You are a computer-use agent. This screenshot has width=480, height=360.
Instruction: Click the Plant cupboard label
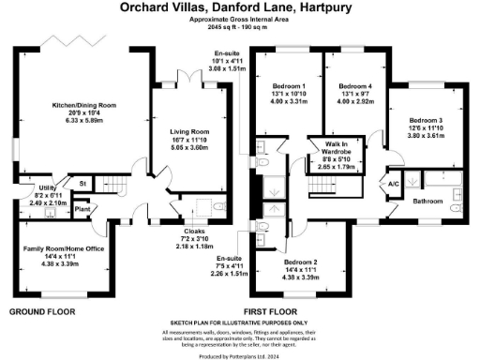[x=82, y=197]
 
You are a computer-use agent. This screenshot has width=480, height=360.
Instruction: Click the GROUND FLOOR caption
[x=43, y=309]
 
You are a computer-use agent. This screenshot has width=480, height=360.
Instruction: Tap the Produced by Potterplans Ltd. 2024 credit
[x=240, y=354]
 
